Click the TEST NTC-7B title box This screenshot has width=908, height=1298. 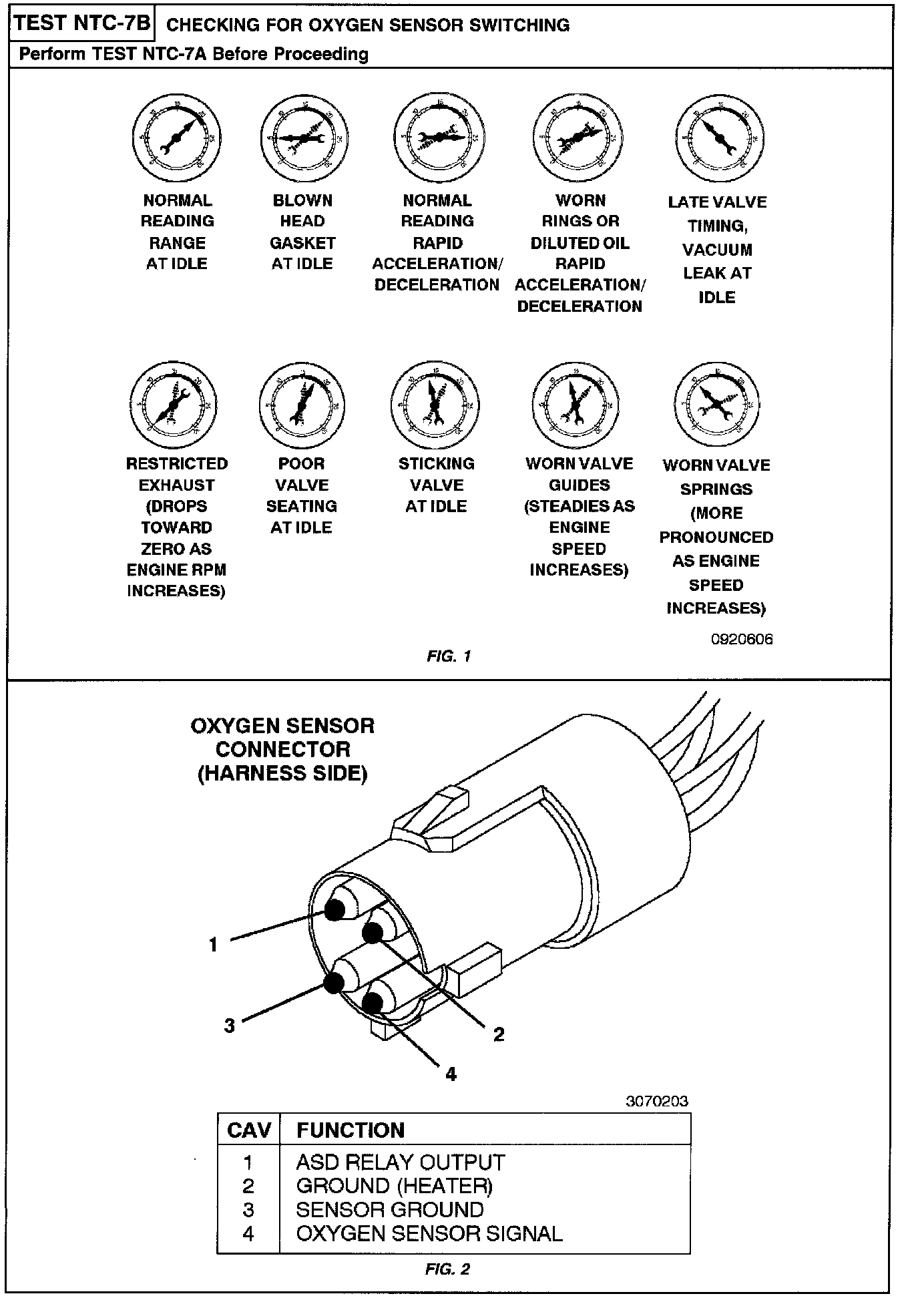coord(82,23)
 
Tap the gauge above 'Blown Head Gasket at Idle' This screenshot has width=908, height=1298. coord(303,138)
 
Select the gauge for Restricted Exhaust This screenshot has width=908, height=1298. coord(174,405)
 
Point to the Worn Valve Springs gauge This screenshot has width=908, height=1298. coord(716,405)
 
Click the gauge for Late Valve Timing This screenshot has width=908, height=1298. coord(719,138)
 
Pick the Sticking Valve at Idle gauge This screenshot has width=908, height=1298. coord(435,405)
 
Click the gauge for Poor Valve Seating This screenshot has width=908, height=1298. coord(302,405)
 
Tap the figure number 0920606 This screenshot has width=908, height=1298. coord(741,639)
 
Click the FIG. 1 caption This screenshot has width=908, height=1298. coord(449,656)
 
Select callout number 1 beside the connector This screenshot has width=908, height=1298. coord(213,945)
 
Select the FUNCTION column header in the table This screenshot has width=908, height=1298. coord(351,1130)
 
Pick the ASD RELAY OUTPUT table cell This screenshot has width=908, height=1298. coord(400,1162)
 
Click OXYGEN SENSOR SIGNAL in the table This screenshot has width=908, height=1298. coord(429,1233)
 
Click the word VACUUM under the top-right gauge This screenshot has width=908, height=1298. coord(717,250)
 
